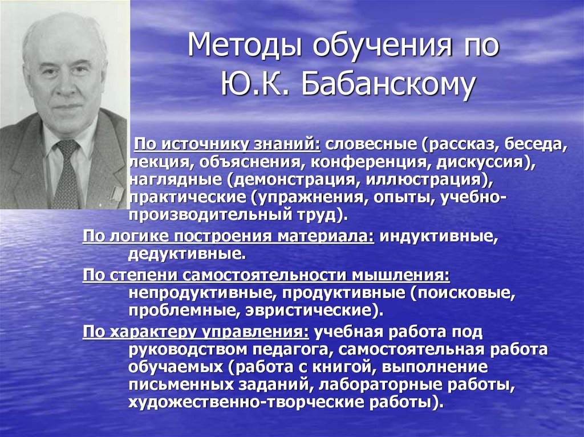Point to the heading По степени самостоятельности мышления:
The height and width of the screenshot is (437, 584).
[266, 276]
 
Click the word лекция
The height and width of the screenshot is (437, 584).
[159, 162]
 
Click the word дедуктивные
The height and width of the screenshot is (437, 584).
[187, 252]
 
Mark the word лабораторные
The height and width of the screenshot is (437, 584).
[375, 385]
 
